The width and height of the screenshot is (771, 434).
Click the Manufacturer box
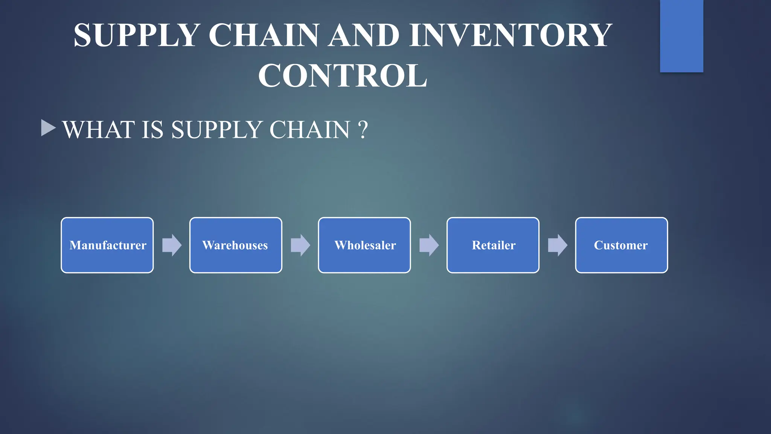point(107,245)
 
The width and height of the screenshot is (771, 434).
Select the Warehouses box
point(236,245)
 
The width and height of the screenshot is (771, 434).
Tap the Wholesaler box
point(364,245)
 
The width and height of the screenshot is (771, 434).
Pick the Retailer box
point(493,245)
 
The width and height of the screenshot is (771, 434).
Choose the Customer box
point(622,245)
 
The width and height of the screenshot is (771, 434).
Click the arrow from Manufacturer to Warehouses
point(172,245)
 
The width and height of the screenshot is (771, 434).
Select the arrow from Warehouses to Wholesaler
point(300,245)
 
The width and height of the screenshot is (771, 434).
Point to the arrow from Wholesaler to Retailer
point(429,245)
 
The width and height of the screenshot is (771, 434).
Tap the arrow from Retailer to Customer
point(558,245)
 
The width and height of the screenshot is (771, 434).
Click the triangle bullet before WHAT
point(48,128)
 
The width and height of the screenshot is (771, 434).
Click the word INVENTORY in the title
point(511,35)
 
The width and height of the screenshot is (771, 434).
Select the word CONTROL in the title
point(343,76)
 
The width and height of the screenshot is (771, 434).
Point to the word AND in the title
point(364,35)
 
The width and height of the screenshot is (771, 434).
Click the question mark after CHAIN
point(363,130)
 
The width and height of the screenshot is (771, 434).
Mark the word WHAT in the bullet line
point(99,130)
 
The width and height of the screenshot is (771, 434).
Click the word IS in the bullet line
point(152,130)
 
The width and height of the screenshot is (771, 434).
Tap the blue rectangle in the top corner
point(681,36)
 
